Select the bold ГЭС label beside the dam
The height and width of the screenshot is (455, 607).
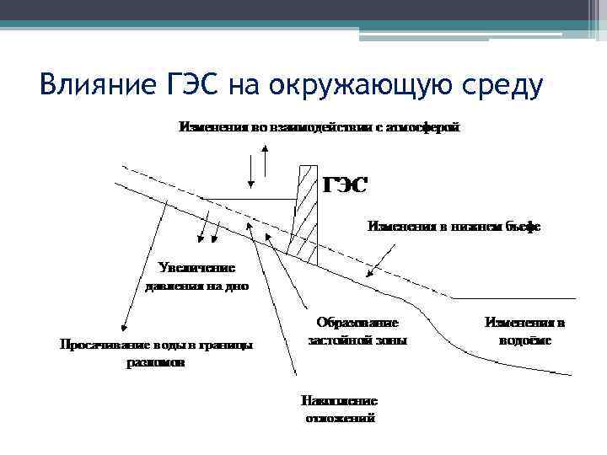pos(346,185)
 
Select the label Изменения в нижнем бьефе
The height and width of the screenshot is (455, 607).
pos(454,226)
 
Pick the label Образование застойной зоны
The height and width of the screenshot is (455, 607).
pos(357,331)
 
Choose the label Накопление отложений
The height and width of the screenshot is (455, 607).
pos(340,409)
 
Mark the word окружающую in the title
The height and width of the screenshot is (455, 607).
pos(342,85)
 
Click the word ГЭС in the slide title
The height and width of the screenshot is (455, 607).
pos(186,85)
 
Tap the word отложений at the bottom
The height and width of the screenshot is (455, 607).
pos(340,418)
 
